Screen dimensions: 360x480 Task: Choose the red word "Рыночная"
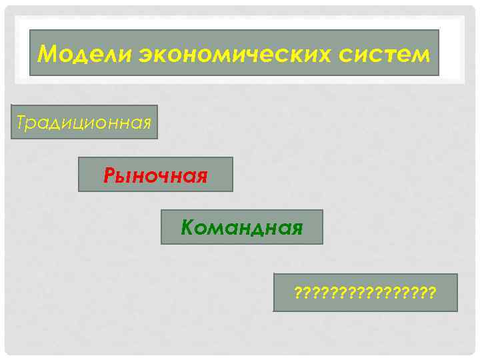click(155, 176)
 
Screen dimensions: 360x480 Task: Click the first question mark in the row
click(297, 293)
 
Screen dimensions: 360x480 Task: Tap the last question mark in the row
click(433, 293)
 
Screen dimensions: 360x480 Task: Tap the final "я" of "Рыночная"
click(201, 177)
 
